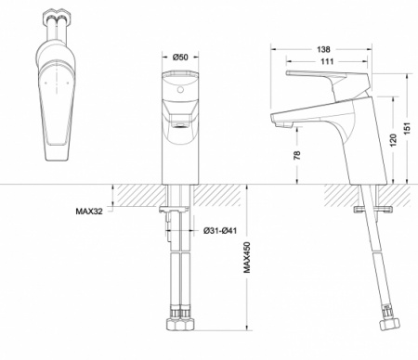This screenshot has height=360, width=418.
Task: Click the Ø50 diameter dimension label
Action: pos(180,58)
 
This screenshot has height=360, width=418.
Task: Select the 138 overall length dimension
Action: pos(323,49)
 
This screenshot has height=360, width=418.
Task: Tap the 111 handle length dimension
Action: pos(327,61)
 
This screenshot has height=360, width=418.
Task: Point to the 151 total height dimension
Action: pos(407,128)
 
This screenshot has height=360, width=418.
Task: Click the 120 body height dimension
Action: pos(393,140)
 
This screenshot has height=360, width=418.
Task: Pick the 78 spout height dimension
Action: pos(297,155)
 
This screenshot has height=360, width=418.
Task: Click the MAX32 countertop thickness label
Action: pos(89,212)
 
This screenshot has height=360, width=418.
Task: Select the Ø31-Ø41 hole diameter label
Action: pos(220,231)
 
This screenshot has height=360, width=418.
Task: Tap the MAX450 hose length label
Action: pos(247,257)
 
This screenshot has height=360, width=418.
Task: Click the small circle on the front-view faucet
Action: pos(180,91)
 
